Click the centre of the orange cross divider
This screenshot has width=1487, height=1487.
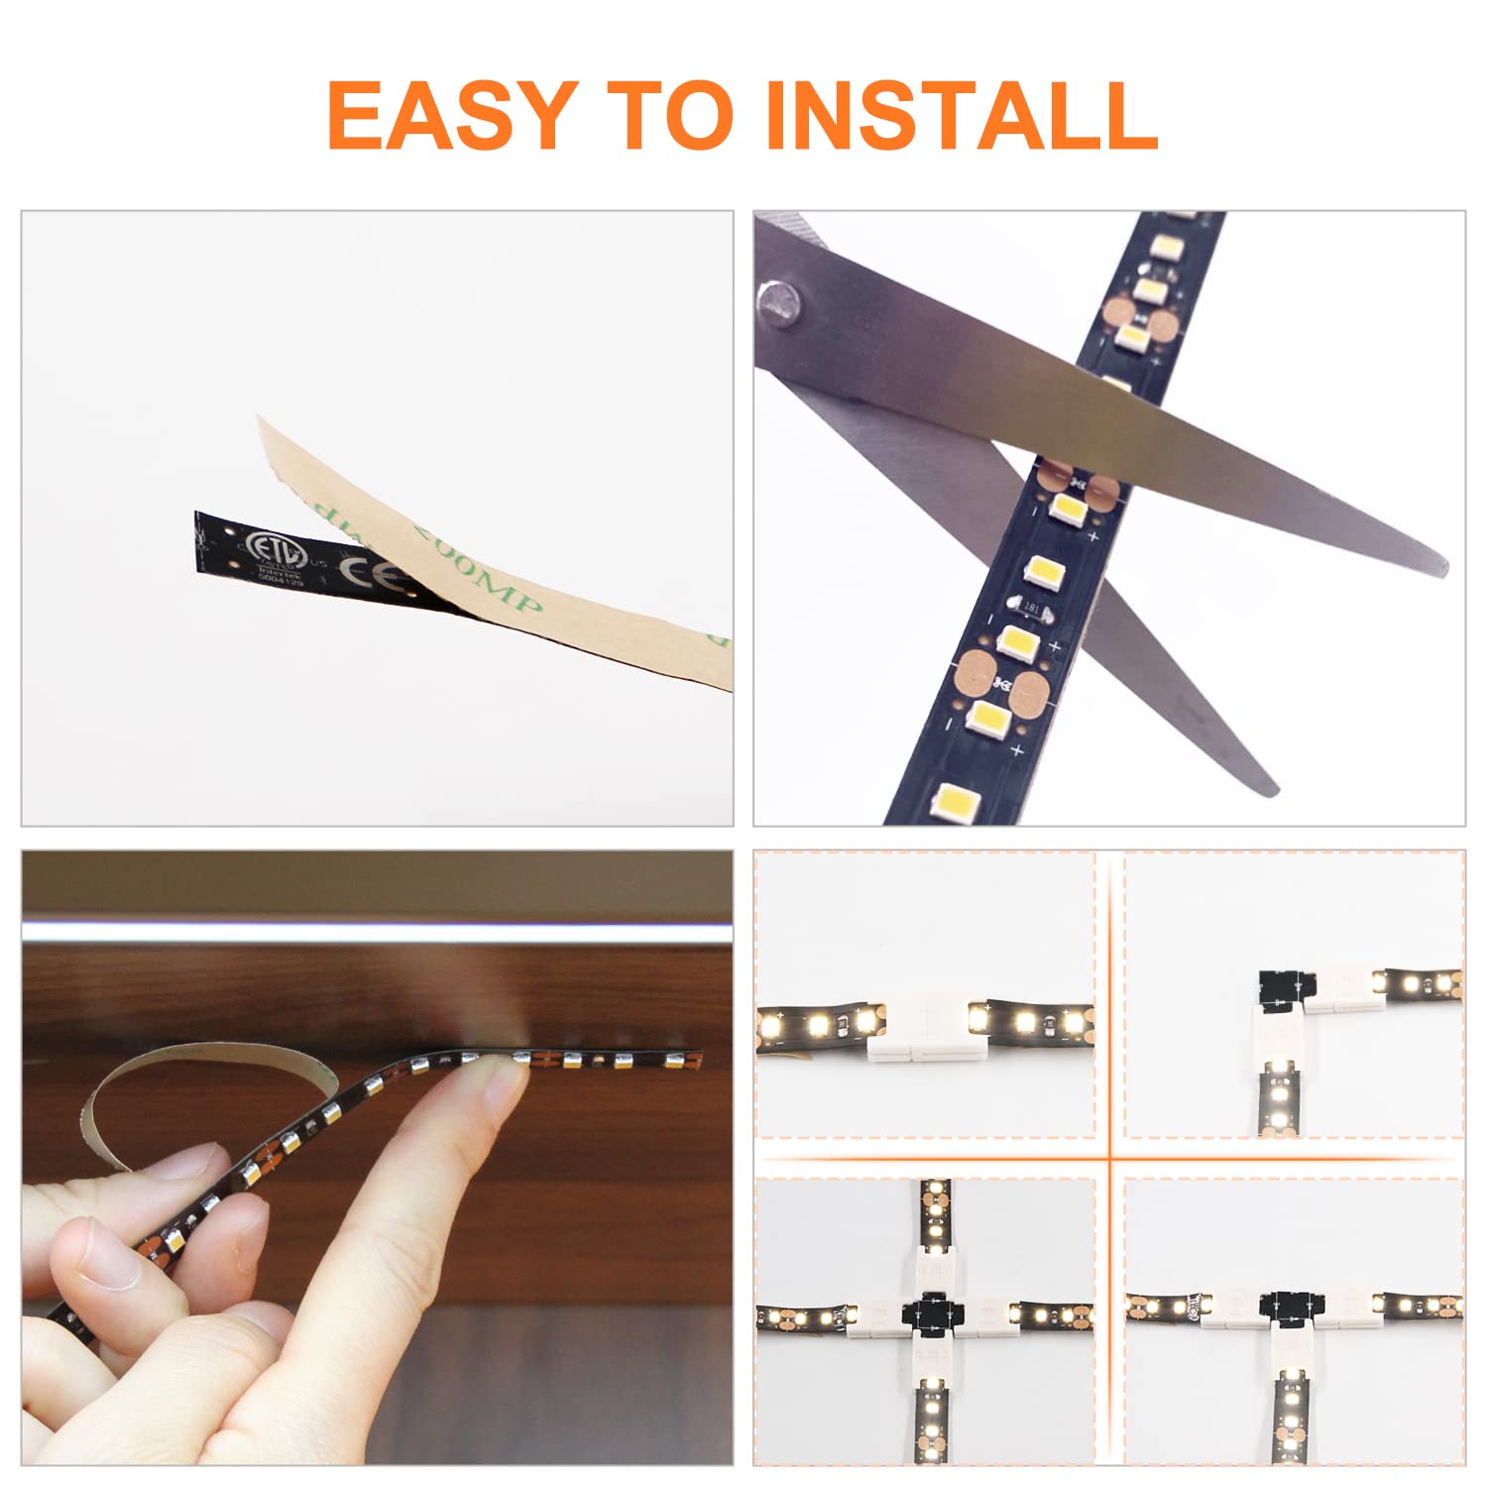[1110, 1157]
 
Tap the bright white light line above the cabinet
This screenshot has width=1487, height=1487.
[377, 932]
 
